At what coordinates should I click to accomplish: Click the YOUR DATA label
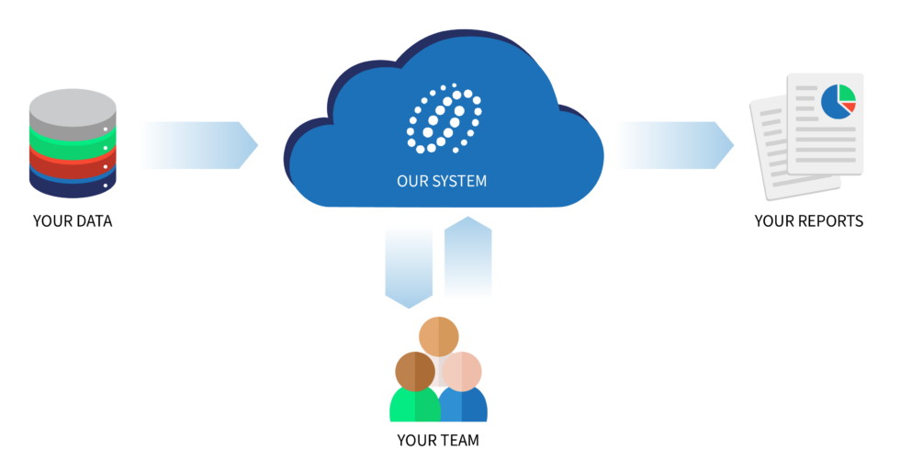(x=73, y=220)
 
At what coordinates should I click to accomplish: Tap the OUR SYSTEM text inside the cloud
(x=442, y=181)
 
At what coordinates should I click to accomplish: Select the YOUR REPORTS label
(x=808, y=220)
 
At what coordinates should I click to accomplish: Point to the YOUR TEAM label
(x=438, y=440)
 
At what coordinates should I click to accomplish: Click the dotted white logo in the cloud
(x=444, y=119)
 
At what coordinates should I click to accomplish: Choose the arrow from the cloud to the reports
(x=675, y=145)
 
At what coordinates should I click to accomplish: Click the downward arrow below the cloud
(x=409, y=265)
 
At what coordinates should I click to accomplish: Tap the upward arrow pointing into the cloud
(x=467, y=257)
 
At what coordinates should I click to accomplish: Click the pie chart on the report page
(x=838, y=101)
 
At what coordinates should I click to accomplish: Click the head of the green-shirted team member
(x=415, y=370)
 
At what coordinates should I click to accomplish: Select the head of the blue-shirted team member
(x=462, y=371)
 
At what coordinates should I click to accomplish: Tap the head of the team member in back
(x=439, y=334)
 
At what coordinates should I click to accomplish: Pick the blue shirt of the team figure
(x=466, y=407)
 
